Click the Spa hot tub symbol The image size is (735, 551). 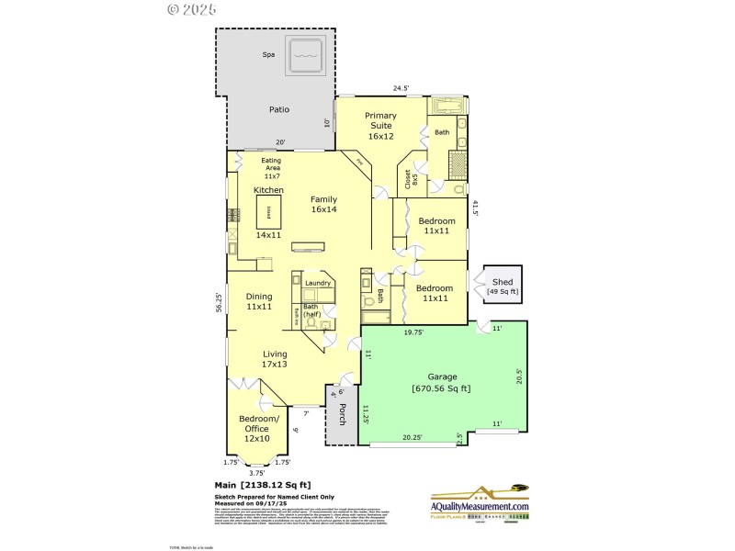pyautogui.click(x=307, y=57)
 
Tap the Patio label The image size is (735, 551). pyautogui.click(x=279, y=109)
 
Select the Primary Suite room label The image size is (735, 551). pyautogui.click(x=380, y=126)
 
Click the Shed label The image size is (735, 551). pyautogui.click(x=503, y=287)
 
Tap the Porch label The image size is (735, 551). pyautogui.click(x=342, y=414)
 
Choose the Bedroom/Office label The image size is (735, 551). pyautogui.click(x=258, y=429)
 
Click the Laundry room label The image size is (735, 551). pyautogui.click(x=318, y=284)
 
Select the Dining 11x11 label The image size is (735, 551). pyautogui.click(x=258, y=301)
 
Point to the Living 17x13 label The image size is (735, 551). pyautogui.click(x=275, y=359)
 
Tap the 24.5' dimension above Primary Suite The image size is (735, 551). pyautogui.click(x=401, y=89)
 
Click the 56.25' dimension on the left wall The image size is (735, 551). pyautogui.click(x=218, y=303)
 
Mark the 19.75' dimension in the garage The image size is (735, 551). pyautogui.click(x=414, y=333)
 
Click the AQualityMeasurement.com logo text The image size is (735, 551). pyautogui.click(x=480, y=507)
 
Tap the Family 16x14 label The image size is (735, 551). pyautogui.click(x=323, y=204)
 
